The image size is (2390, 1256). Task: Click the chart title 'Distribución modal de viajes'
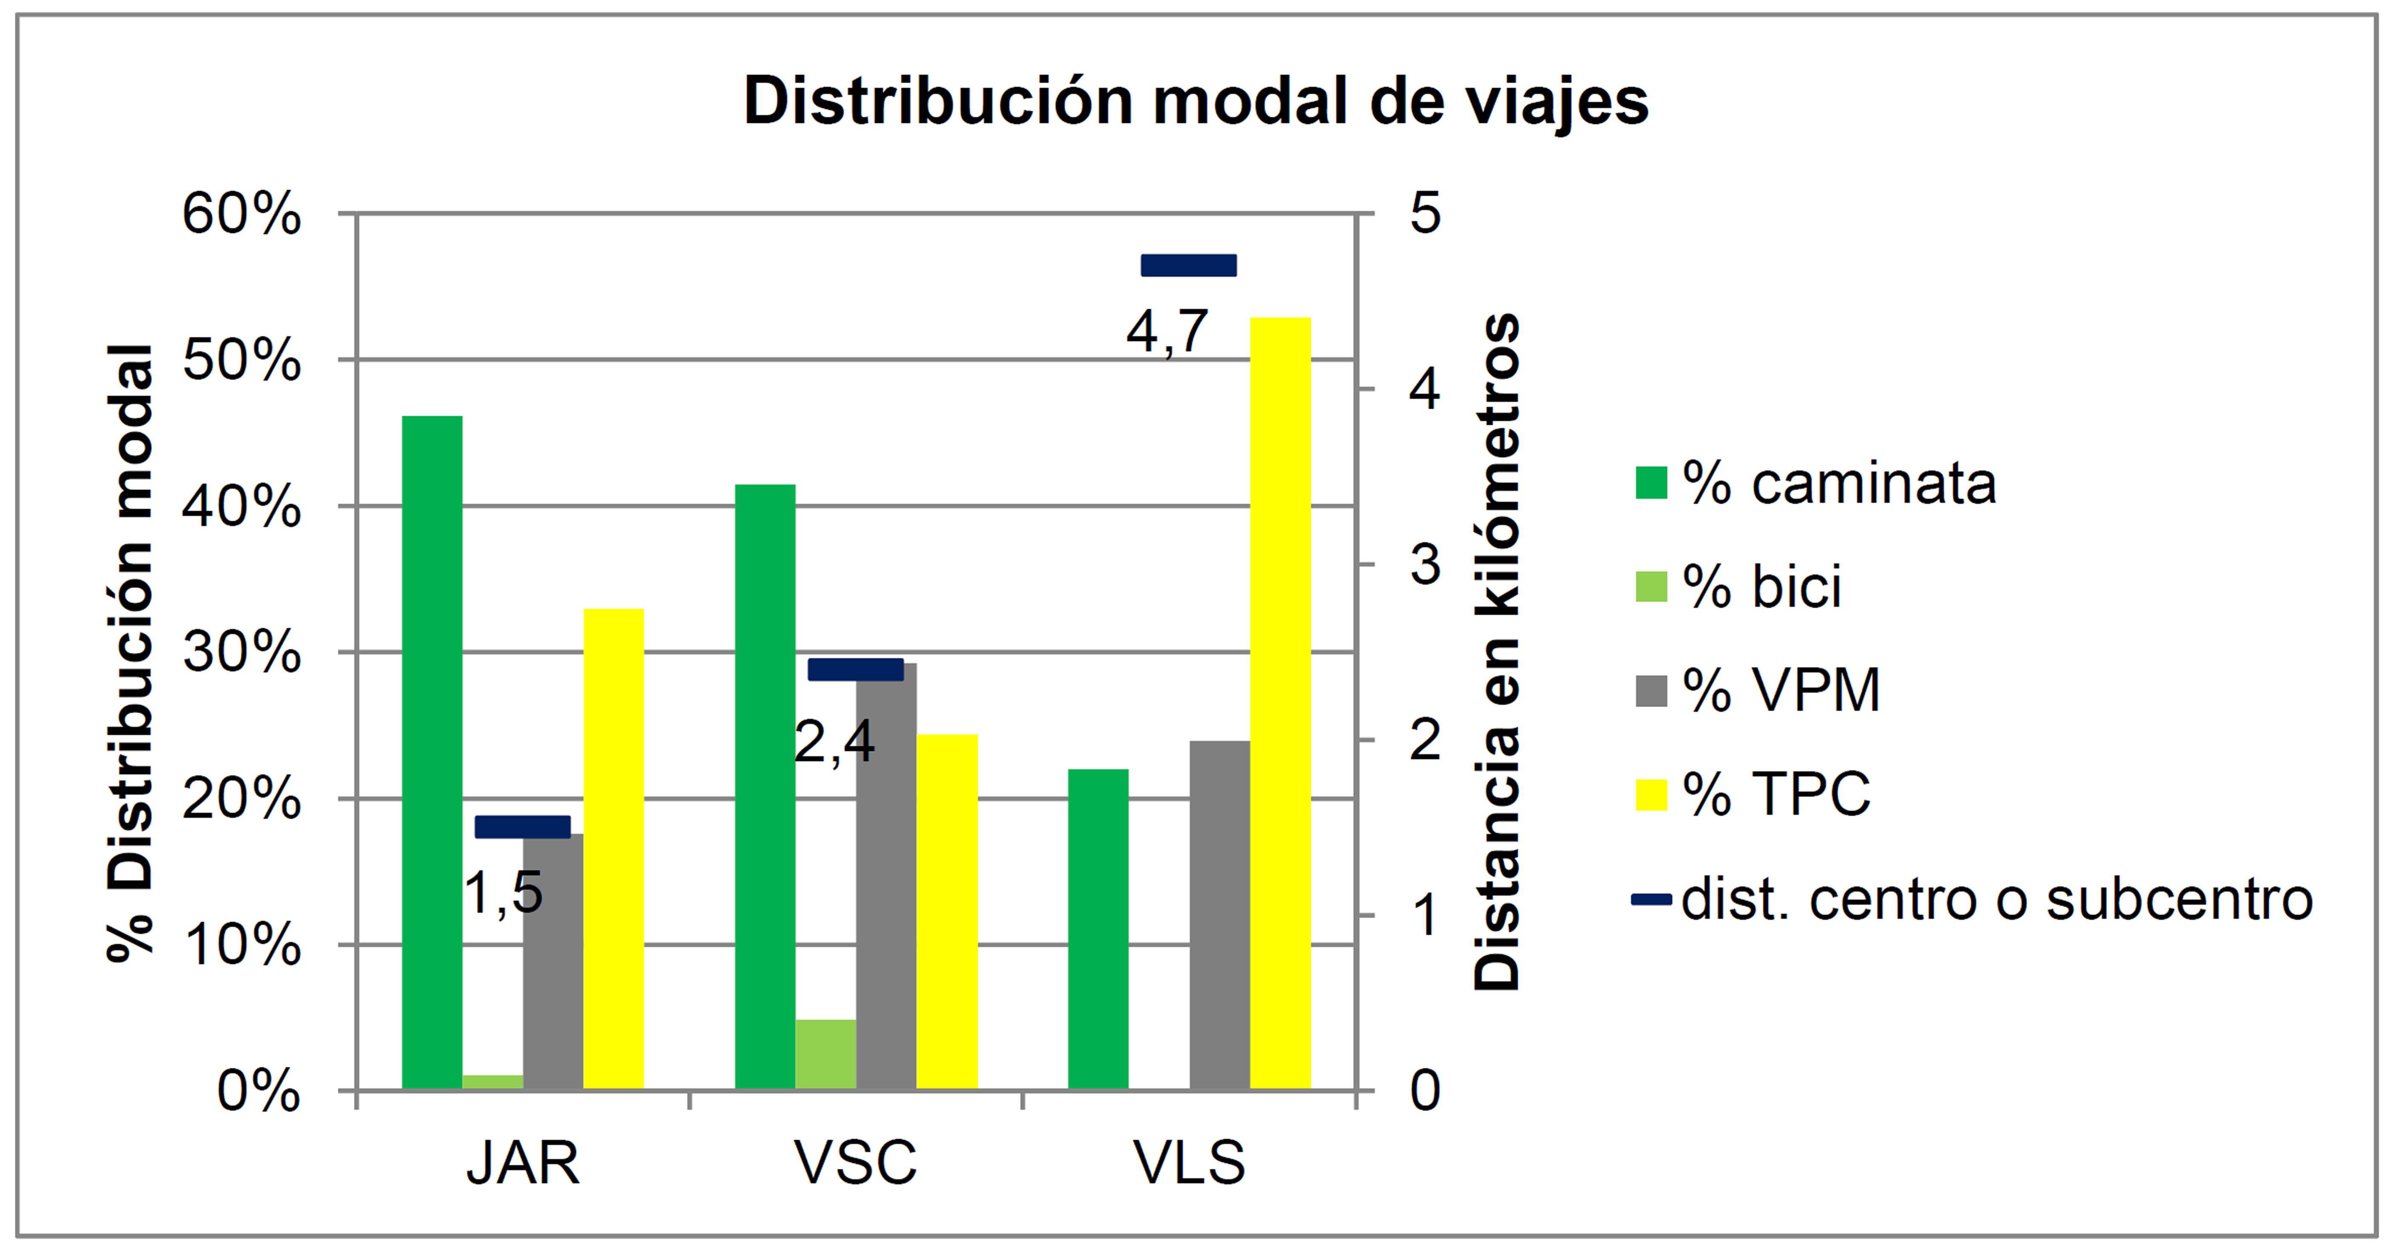pos(1195,100)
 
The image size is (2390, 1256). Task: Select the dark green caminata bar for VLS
pos(1098,928)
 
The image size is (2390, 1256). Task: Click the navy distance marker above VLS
pos(1189,265)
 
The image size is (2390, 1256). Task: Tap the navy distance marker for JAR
pos(522,826)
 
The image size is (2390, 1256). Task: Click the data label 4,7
pos(1167,331)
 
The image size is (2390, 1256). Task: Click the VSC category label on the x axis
pos(856,1162)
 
